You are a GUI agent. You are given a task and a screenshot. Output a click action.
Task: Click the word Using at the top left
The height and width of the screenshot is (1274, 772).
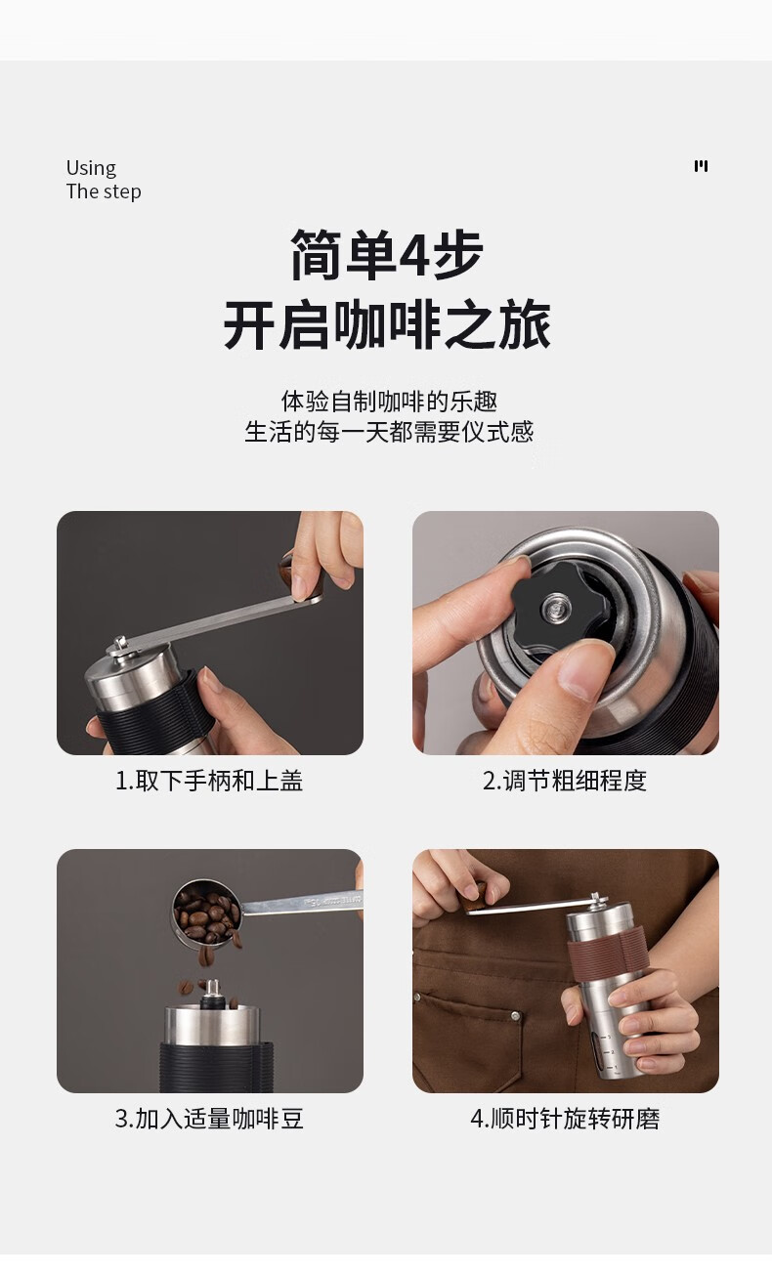click(x=91, y=168)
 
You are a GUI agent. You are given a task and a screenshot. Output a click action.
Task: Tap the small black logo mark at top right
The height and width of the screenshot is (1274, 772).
click(x=701, y=165)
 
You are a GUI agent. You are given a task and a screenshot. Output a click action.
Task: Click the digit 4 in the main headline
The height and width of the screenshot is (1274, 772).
click(x=414, y=254)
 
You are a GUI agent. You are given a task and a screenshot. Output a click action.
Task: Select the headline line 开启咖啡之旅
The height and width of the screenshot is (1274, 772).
click(x=387, y=325)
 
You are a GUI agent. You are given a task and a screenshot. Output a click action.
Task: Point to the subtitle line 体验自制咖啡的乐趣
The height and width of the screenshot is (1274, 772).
click(x=389, y=401)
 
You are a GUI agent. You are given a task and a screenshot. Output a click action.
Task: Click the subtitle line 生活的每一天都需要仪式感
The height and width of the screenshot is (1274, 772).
click(x=389, y=432)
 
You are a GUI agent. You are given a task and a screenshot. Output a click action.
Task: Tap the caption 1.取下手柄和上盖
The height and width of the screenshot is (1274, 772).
click(x=209, y=781)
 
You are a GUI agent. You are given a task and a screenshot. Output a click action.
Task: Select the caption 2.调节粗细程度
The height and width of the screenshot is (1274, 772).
click(x=565, y=781)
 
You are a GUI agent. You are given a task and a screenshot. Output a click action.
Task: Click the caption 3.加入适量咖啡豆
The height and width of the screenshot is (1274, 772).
click(x=209, y=1118)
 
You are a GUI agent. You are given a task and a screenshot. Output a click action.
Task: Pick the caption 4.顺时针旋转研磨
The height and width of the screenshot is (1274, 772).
click(x=565, y=1118)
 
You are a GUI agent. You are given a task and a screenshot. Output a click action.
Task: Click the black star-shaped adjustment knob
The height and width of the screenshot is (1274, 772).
click(x=560, y=608)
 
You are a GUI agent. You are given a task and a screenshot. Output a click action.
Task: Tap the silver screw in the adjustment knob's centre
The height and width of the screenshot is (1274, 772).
click(x=557, y=608)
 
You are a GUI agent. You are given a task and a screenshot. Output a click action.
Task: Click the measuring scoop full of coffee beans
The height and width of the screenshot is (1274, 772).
click(x=207, y=912)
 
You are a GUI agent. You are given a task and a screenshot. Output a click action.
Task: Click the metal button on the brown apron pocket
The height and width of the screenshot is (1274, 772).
click(x=515, y=1016)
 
